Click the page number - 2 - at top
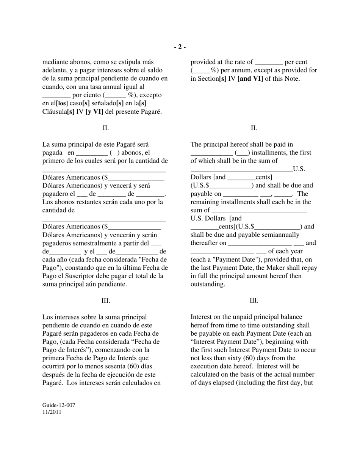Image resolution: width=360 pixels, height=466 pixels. click(180, 47)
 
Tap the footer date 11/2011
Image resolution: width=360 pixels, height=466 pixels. click(52, 412)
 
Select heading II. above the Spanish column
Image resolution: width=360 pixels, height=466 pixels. click(105, 128)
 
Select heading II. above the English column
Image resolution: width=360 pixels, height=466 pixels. click(254, 128)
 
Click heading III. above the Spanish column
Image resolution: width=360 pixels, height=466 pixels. click(105, 301)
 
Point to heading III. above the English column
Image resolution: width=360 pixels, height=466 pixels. click(254, 301)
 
